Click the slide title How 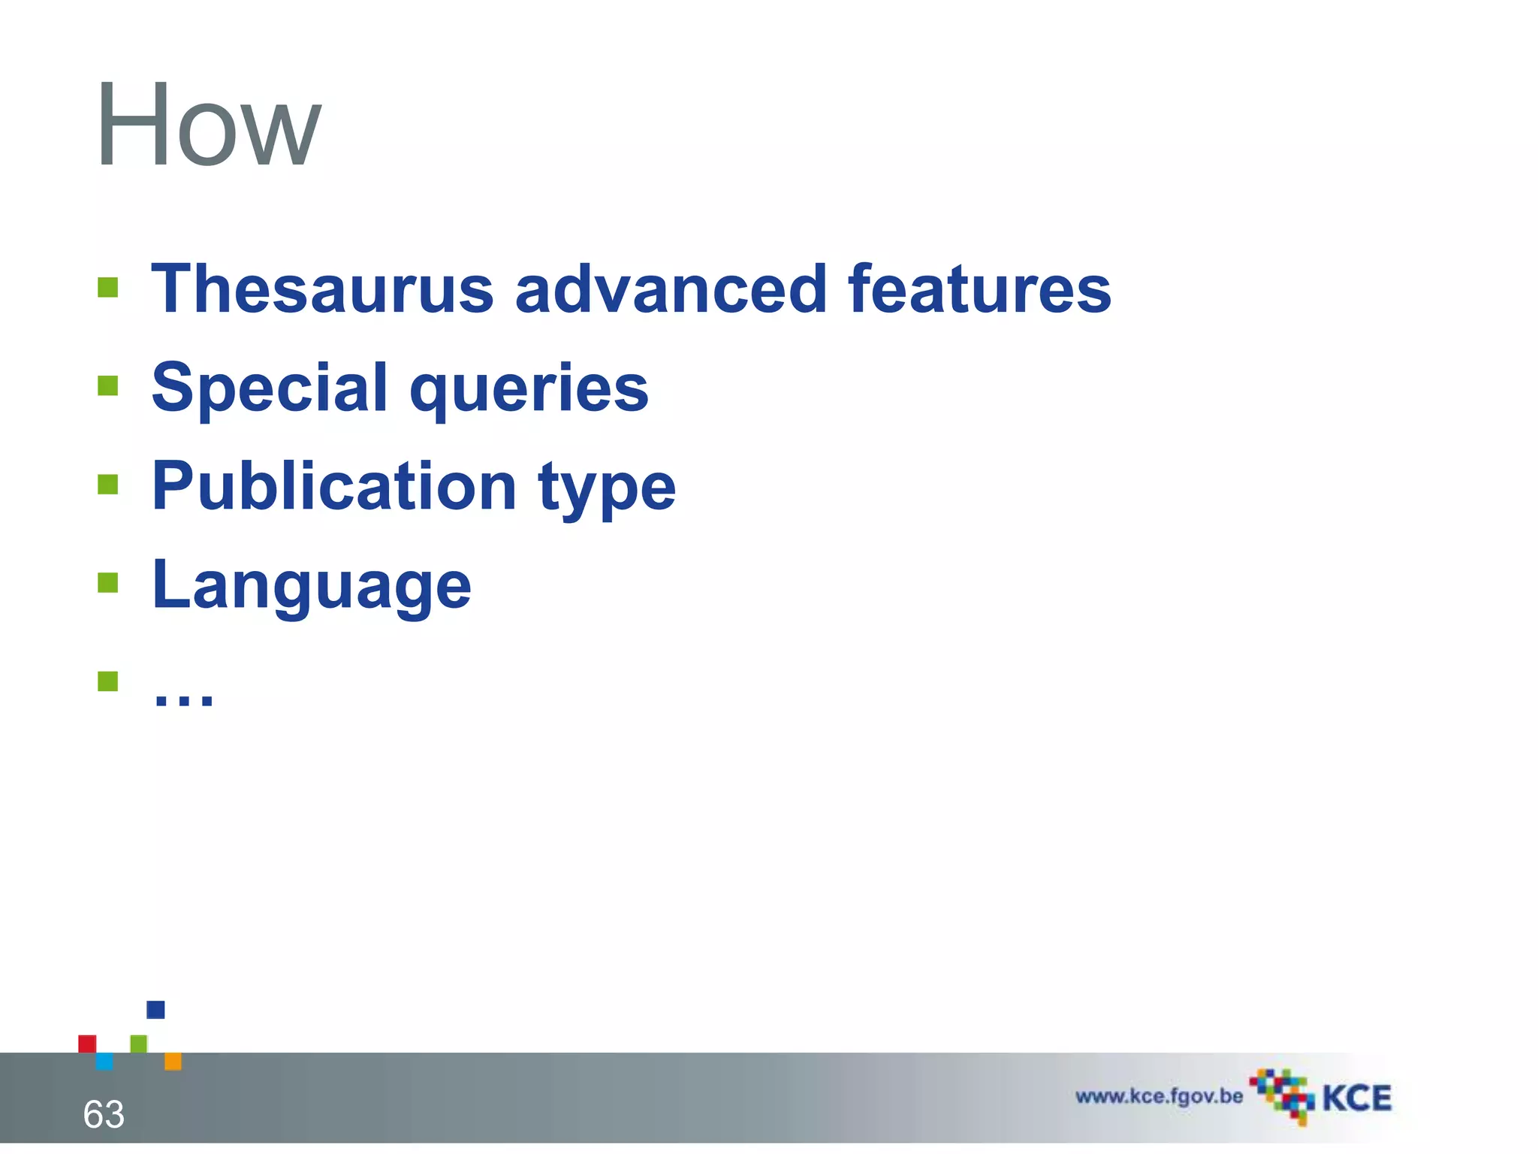[209, 126]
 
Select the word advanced [671, 290]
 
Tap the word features [979, 290]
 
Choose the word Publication [334, 487]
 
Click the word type [607, 490]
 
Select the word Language [312, 586]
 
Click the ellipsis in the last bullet [183, 697]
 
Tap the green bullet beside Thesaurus [108, 288]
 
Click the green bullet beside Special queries [108, 386]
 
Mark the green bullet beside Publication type [108, 485]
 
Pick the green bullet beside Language [108, 583]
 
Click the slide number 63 [104, 1114]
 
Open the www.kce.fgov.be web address [1159, 1096]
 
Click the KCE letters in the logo [1356, 1098]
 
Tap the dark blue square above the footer [155, 1010]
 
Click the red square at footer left [87, 1044]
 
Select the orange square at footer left [173, 1062]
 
